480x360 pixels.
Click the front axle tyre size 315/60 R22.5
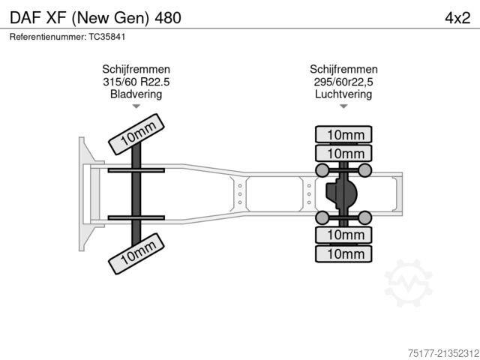pos(136,82)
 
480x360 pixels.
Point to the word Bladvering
pos(136,94)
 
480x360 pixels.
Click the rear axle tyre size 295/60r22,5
pos(343,82)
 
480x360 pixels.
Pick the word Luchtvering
pos(343,94)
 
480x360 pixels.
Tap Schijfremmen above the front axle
pos(136,70)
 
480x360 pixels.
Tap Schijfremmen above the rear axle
pos(343,70)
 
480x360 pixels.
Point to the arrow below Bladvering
pos(136,106)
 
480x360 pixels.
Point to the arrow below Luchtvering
pos(343,106)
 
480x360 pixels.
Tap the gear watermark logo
pos(409,285)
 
